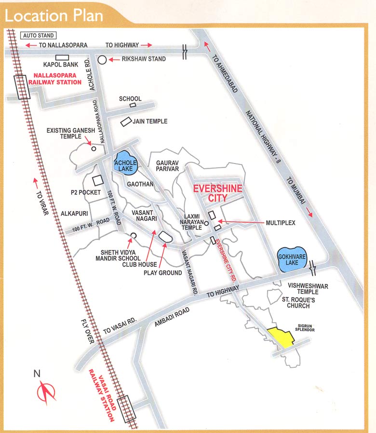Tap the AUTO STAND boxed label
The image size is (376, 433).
pos(39,35)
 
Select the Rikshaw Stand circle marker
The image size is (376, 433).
pos(102,60)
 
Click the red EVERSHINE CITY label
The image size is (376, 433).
pos(217,193)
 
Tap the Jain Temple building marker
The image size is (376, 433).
pos(126,122)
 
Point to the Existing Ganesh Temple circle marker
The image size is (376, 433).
pos(94,148)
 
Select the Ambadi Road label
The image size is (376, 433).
pos(174,319)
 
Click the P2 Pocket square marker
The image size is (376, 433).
pos(98,180)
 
